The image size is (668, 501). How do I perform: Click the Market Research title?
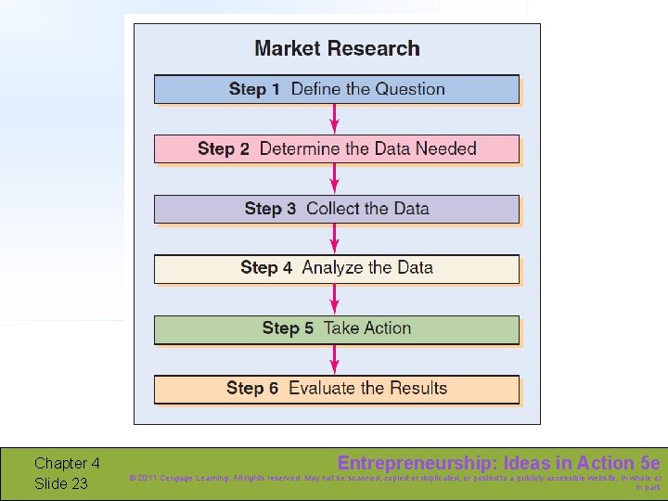point(337,48)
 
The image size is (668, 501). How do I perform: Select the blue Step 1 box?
point(336,89)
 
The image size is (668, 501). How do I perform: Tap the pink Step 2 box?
point(336,148)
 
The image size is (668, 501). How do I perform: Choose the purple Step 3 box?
point(336,209)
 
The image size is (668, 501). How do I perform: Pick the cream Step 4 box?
point(336,268)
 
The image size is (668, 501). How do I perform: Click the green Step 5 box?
point(336,328)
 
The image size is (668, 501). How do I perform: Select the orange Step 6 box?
point(336,389)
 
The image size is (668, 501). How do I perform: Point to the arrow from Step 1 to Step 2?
point(335,119)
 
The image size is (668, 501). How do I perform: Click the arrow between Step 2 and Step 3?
point(335,179)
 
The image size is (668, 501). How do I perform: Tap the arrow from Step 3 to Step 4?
point(335,238)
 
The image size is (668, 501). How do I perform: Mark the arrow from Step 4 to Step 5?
point(335,299)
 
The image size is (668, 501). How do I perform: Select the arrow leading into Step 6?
point(335,359)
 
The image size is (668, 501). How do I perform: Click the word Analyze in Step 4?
point(333,268)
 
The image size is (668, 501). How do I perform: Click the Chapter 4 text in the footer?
point(67,464)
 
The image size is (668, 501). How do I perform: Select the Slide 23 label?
point(61,483)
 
